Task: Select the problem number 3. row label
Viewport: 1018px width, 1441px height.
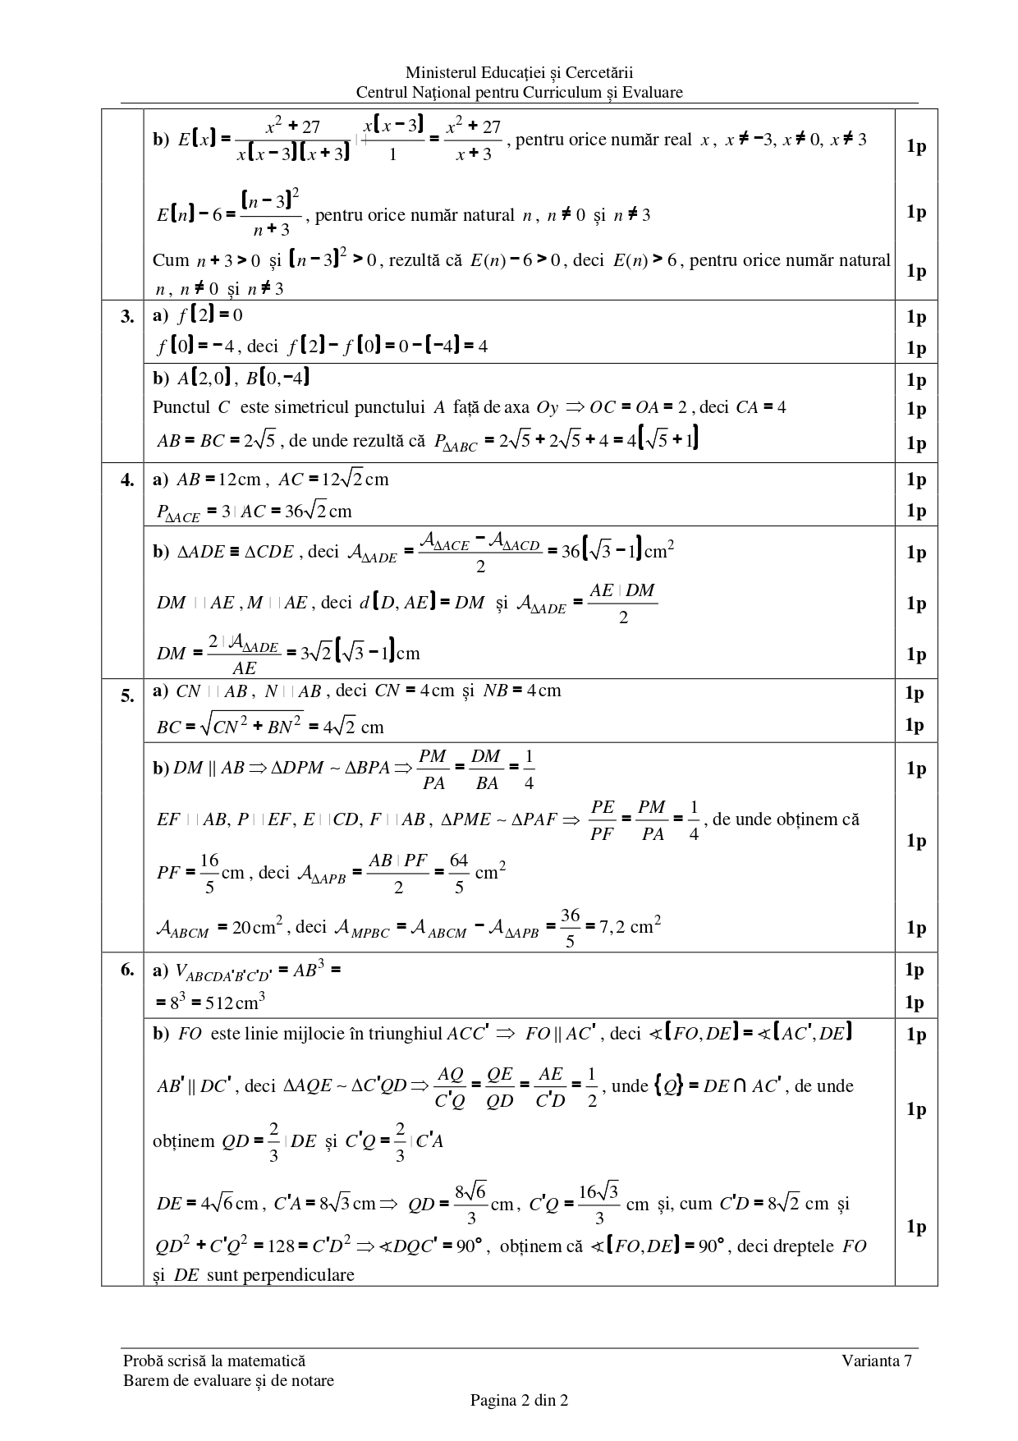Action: tap(127, 317)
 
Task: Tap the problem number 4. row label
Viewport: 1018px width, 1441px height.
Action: tap(127, 480)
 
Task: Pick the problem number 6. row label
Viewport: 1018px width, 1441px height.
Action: tap(127, 970)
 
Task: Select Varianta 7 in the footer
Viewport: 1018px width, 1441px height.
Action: tap(877, 1361)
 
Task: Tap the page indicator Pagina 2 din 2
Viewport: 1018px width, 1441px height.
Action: tap(519, 1400)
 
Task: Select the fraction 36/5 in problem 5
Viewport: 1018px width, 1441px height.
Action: tap(570, 928)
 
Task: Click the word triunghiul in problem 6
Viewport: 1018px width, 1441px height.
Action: tap(405, 1034)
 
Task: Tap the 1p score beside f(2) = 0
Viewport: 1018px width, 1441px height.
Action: tap(915, 317)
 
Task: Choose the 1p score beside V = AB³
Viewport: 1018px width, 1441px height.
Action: tap(915, 970)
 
